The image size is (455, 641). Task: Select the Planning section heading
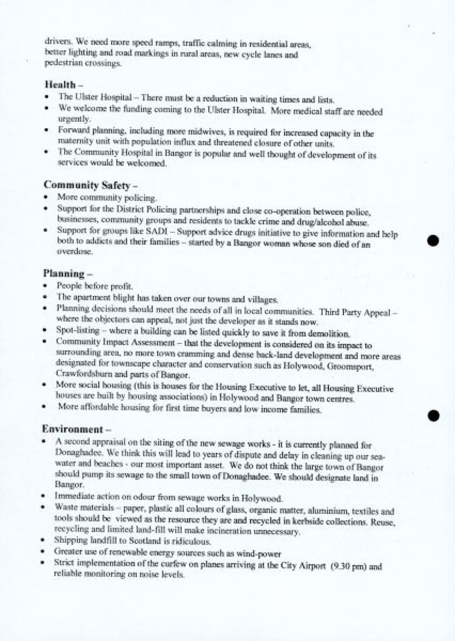click(64, 273)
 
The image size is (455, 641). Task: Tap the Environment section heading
click(72, 429)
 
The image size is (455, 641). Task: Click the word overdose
click(69, 251)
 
